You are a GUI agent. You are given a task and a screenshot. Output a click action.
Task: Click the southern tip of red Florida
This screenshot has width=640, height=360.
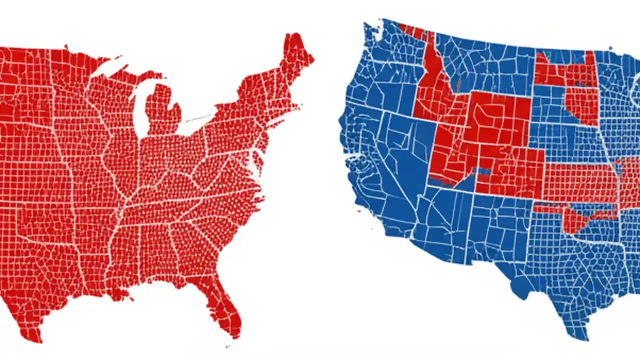[x=235, y=334]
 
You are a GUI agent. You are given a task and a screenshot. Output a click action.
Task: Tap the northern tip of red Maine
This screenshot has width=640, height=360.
[x=290, y=36]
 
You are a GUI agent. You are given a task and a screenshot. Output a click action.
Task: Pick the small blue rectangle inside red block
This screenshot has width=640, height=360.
[x=483, y=171]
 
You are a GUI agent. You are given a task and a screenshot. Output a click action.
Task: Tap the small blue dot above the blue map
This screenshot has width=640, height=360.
[x=610, y=48]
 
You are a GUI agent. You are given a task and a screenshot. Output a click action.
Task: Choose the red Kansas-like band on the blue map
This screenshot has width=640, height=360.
[x=580, y=182]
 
